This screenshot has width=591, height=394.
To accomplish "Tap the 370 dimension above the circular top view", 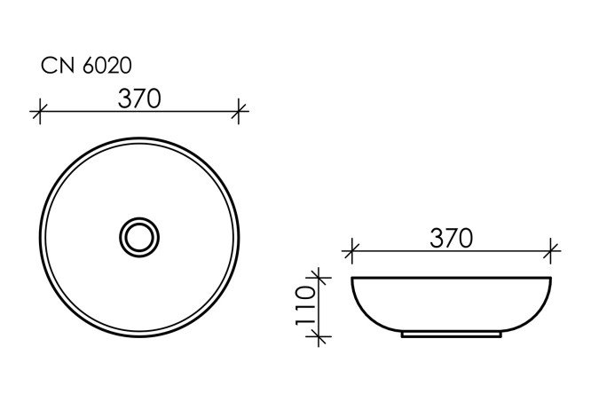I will pyautogui.click(x=139, y=98).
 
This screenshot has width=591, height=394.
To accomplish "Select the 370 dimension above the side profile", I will pyautogui.click(x=451, y=238).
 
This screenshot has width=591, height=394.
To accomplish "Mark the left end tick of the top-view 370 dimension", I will pyautogui.click(x=38, y=112).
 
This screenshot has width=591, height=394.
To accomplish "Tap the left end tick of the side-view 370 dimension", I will pyautogui.click(x=351, y=251).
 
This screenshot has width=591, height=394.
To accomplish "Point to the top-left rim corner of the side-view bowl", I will pyautogui.click(x=353, y=280).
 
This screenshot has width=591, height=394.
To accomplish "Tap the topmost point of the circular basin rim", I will pyautogui.click(x=139, y=136).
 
